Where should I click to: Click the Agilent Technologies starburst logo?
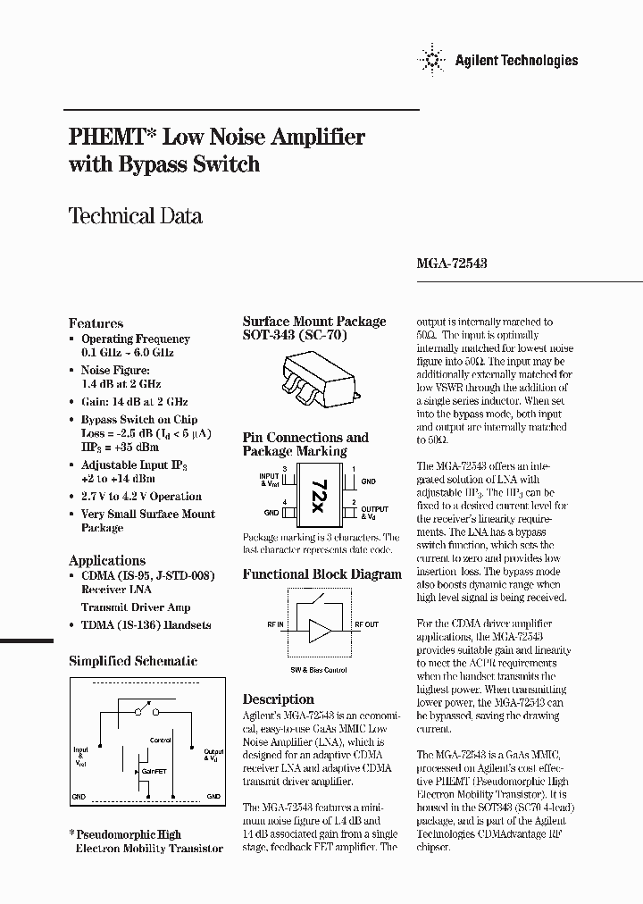(x=434, y=61)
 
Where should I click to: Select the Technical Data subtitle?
(x=135, y=215)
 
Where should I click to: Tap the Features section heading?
(x=96, y=323)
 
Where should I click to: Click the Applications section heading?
(x=106, y=560)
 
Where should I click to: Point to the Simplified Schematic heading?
(x=133, y=662)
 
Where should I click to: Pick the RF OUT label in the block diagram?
(x=366, y=625)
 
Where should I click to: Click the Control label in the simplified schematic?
(x=161, y=741)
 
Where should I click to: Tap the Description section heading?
(x=278, y=699)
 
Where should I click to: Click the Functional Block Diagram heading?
(x=321, y=574)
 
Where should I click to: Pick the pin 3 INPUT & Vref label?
(x=269, y=480)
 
